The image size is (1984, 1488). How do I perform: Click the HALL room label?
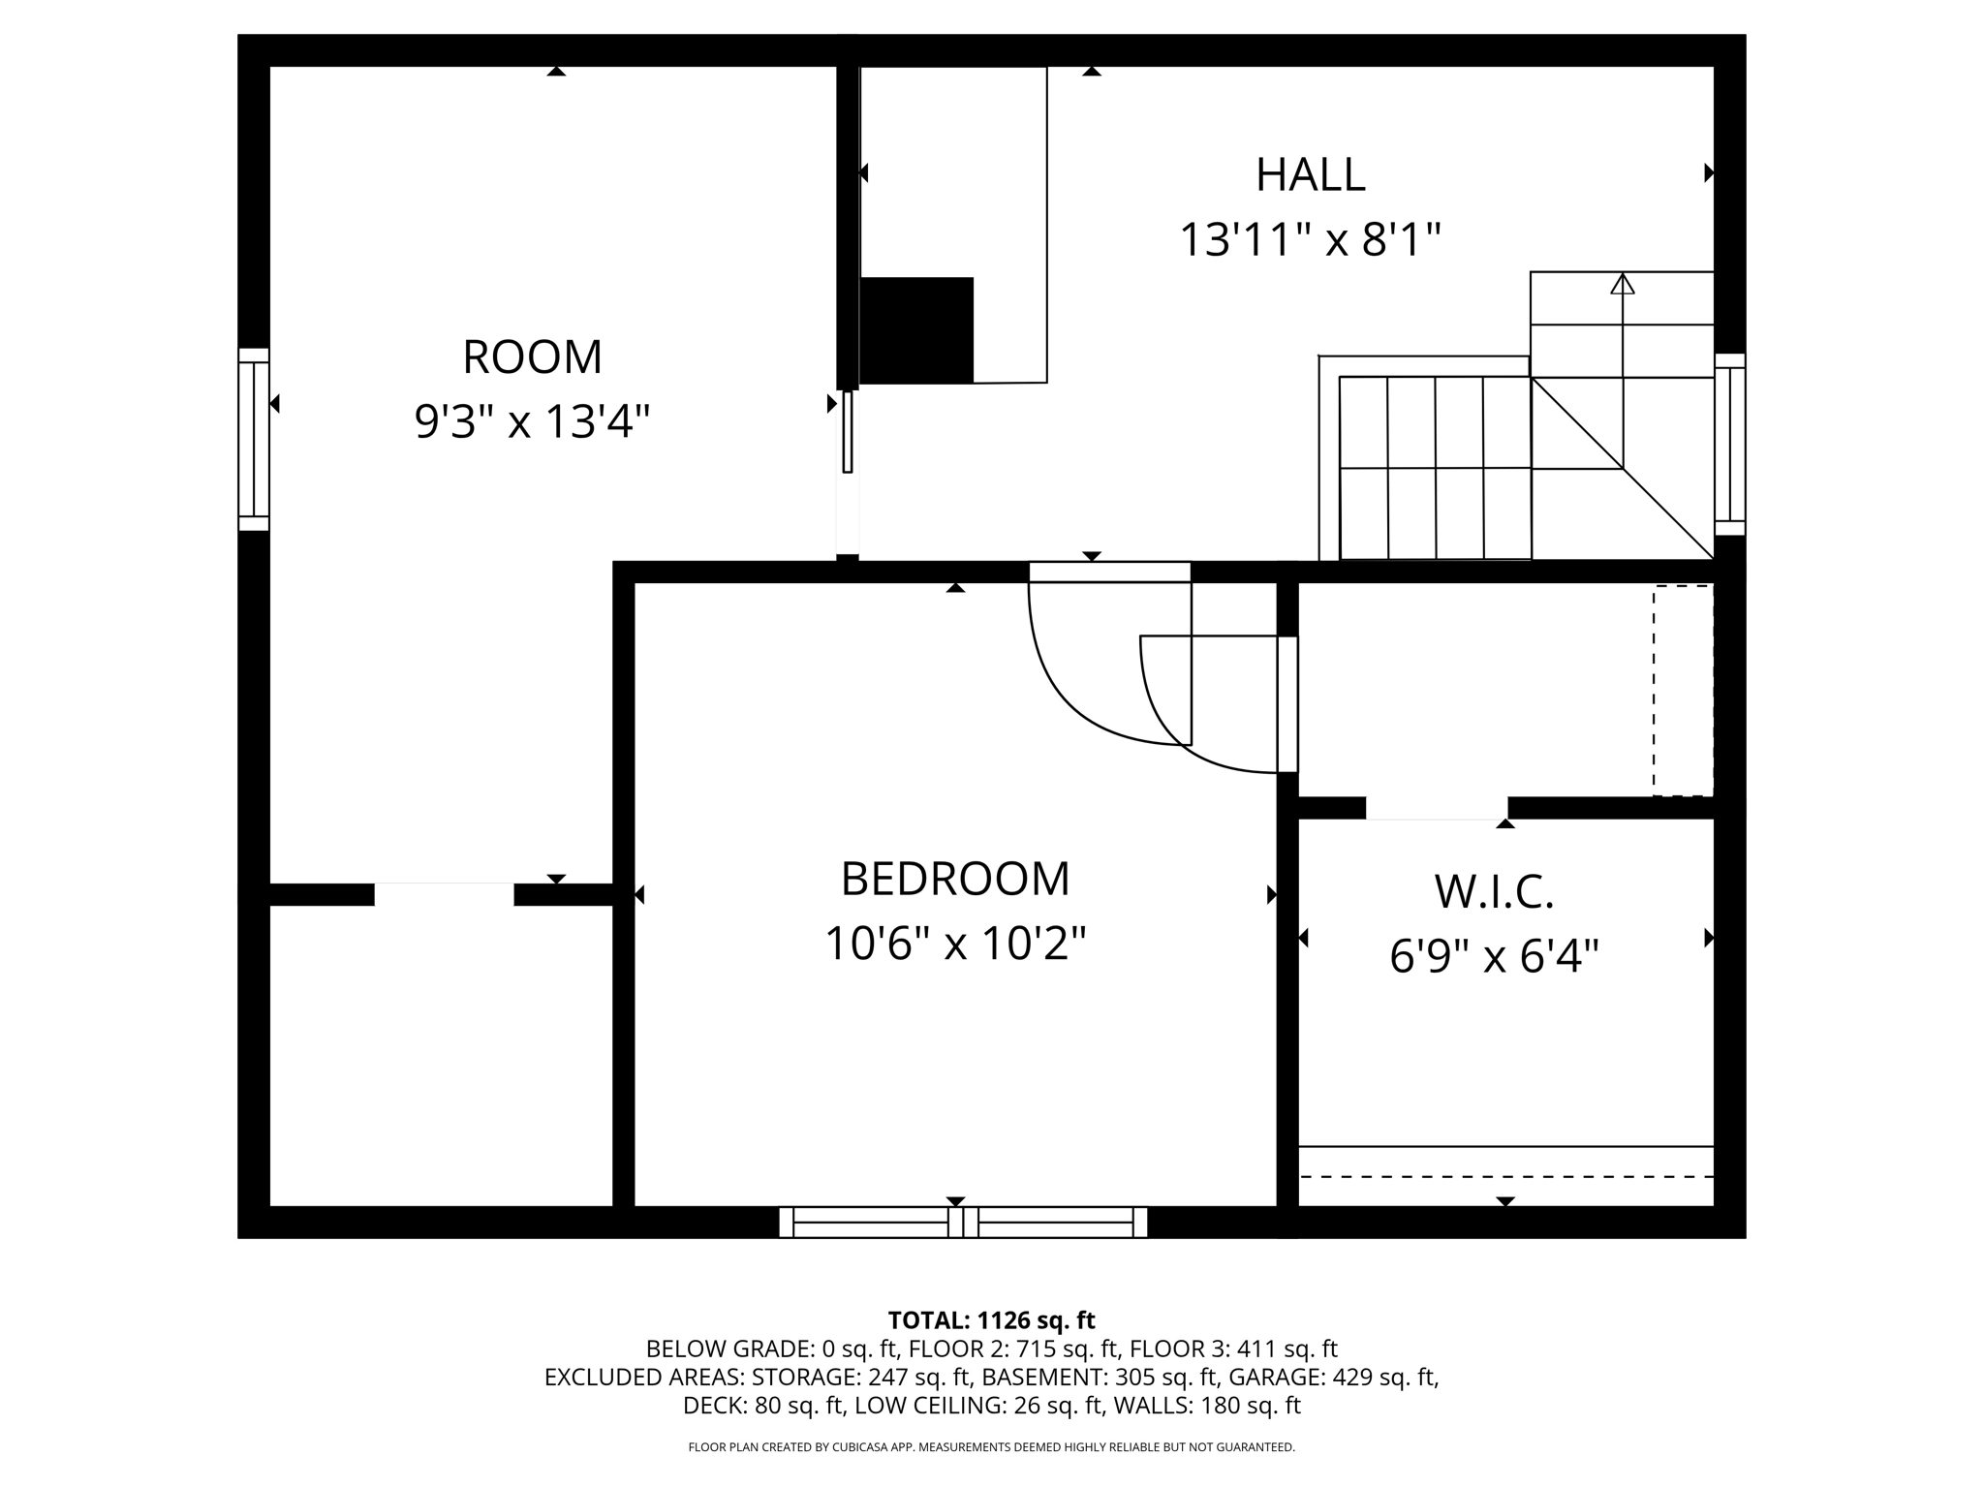point(1310,175)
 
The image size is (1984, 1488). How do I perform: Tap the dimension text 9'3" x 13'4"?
point(532,422)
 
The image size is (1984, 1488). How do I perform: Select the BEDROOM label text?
point(954,880)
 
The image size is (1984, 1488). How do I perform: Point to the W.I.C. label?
point(1493,892)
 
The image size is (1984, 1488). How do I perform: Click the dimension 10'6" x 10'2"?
point(954,944)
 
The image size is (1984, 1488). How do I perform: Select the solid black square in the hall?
point(916,330)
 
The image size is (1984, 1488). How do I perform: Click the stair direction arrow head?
point(1622,284)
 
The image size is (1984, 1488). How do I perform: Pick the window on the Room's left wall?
point(254,440)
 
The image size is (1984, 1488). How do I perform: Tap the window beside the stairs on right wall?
point(1729,445)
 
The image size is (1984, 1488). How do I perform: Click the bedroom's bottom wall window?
point(963,1223)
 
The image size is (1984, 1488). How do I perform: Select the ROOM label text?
point(532,357)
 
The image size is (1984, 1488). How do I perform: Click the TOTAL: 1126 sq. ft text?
point(991,1320)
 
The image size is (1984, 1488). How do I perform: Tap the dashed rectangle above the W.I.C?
point(1683,691)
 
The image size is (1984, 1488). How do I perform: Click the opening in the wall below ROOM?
point(444,894)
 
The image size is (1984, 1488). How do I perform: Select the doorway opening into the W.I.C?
point(1436,808)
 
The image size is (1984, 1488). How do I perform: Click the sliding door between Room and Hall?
point(848,432)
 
